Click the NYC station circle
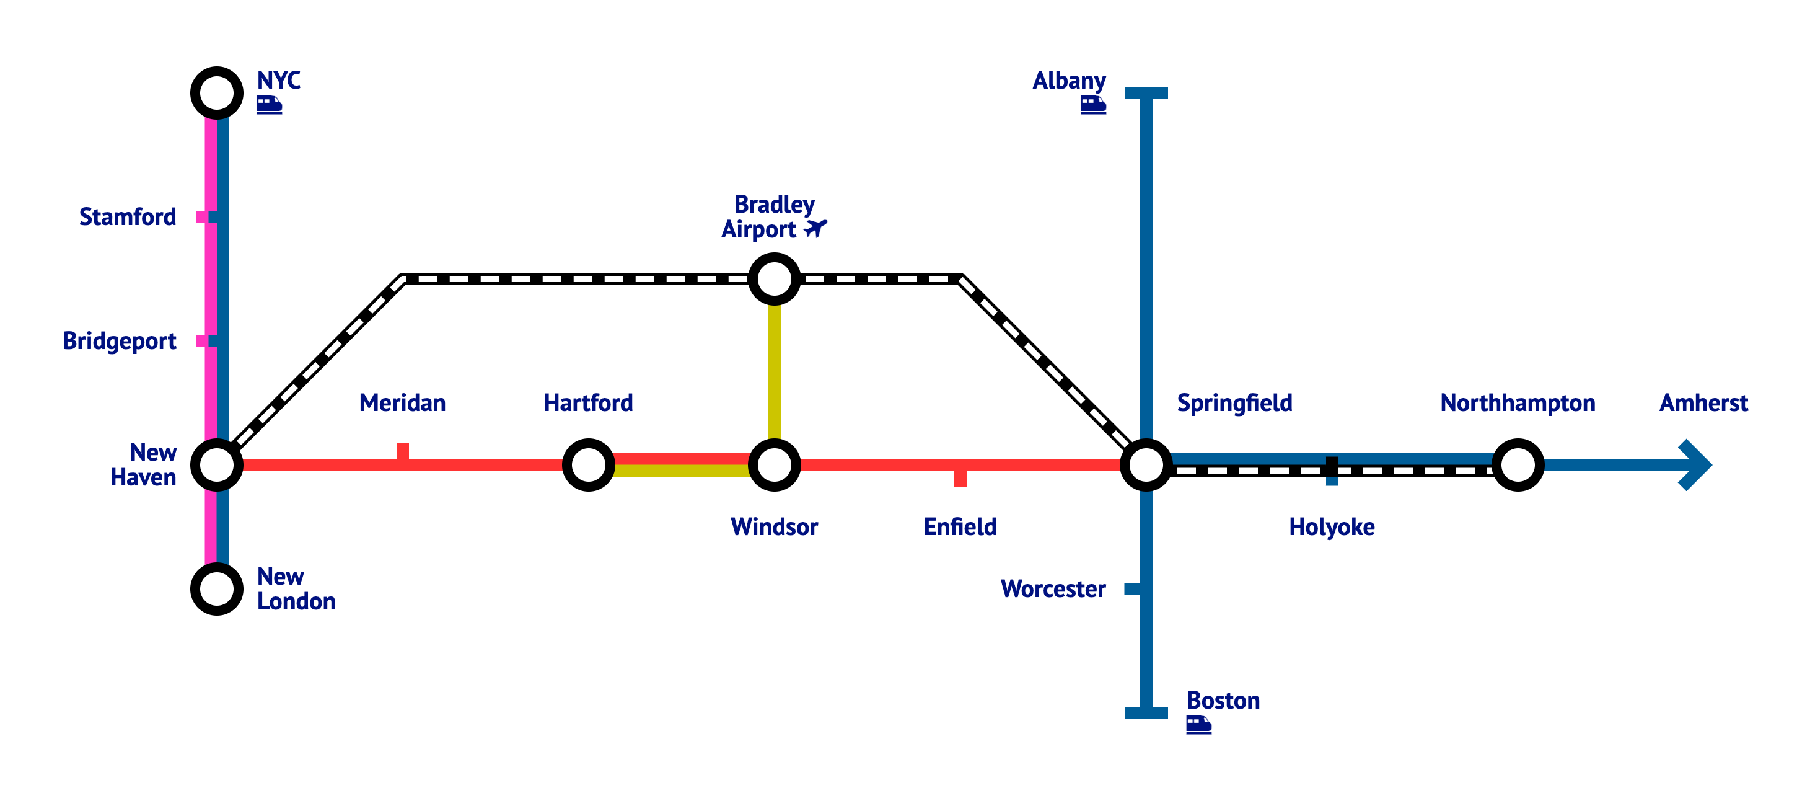point(217,93)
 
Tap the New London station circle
point(217,589)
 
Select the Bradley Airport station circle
point(775,279)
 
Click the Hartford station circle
point(589,465)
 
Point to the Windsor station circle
point(775,465)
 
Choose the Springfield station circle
point(1146,465)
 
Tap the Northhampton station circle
point(1518,465)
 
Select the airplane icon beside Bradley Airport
point(815,228)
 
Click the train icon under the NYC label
point(270,105)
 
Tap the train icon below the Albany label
point(1093,105)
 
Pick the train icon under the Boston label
point(1198,725)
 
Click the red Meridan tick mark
point(403,451)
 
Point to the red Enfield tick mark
point(960,479)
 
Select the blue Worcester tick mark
point(1132,589)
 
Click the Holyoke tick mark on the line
point(1332,471)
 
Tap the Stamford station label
point(128,217)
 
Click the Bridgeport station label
point(120,341)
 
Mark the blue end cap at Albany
point(1146,93)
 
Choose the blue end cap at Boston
point(1146,712)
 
